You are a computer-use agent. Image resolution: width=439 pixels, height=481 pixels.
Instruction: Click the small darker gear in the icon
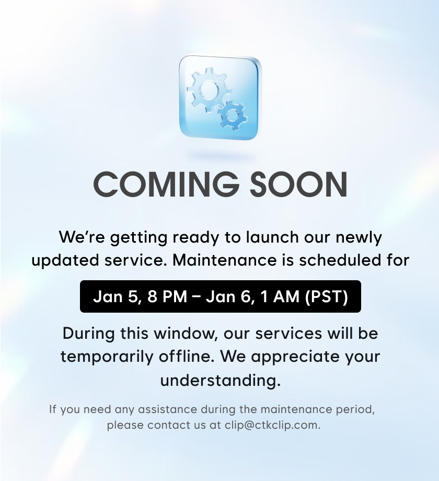[x=233, y=116]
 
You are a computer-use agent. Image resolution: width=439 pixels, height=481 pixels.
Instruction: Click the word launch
[x=272, y=237]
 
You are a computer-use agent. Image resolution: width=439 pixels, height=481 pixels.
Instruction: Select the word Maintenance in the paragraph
[x=224, y=260]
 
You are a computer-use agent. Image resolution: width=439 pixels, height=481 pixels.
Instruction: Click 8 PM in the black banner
[x=167, y=296]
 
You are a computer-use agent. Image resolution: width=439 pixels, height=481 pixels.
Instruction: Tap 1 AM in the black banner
[x=280, y=296]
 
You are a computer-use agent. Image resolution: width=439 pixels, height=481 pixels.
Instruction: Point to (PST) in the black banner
[x=327, y=296]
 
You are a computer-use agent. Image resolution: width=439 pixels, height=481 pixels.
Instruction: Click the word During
[x=89, y=334]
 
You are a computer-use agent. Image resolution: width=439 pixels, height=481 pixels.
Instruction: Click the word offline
[x=187, y=357]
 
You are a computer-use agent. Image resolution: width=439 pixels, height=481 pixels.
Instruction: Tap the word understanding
[x=221, y=381]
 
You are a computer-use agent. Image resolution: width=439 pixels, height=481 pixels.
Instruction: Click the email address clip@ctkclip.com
[x=272, y=426]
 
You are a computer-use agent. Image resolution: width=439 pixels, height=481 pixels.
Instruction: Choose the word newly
[x=359, y=238]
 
